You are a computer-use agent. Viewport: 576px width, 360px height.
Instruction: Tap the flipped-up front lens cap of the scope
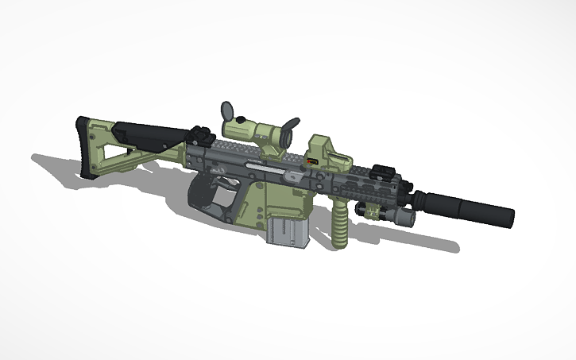(292, 126)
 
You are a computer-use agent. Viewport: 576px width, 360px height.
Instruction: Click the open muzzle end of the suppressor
(509, 216)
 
